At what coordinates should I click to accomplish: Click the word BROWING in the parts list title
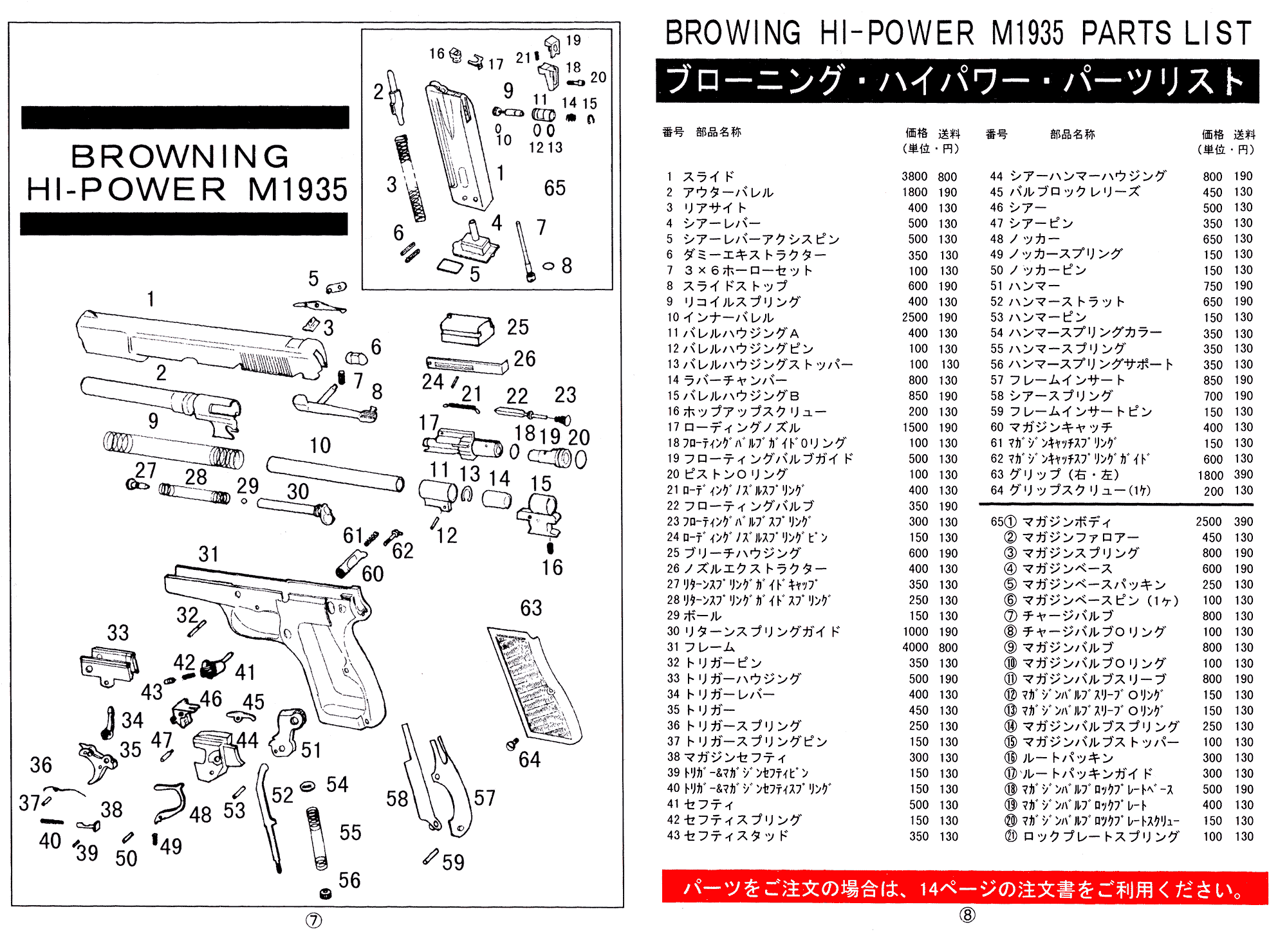[x=732, y=33]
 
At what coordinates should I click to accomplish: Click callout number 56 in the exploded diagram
[x=349, y=880]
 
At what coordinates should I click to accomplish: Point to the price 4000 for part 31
[x=914, y=647]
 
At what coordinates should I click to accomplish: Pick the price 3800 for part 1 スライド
[x=914, y=176]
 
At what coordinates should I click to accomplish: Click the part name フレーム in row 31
[x=708, y=647]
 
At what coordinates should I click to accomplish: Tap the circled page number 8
[x=967, y=915]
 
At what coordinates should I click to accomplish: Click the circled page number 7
[x=313, y=920]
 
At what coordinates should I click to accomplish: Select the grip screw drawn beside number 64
[x=513, y=744]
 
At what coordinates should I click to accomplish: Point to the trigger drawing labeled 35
[x=98, y=762]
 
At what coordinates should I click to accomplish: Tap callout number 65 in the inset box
[x=555, y=188]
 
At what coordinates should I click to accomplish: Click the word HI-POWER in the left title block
[x=126, y=190]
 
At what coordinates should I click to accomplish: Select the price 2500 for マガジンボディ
[x=1208, y=522]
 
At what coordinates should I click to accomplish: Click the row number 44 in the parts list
[x=996, y=176]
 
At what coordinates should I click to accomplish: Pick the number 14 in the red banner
[x=929, y=889]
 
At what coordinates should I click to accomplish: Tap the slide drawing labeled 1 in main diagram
[x=199, y=344]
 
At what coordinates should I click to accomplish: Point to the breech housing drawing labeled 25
[x=467, y=329]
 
